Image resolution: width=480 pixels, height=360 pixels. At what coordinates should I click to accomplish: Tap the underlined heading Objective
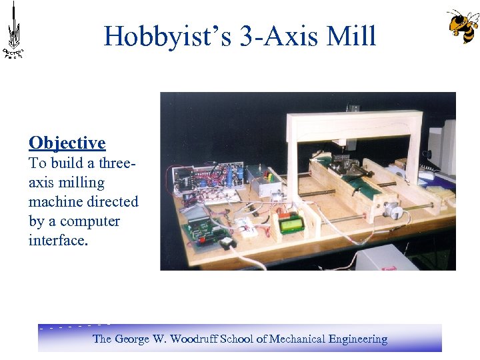67,143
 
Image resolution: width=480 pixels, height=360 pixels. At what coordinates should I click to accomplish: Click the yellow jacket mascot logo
462,26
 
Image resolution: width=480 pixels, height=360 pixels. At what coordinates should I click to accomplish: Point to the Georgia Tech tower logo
13,30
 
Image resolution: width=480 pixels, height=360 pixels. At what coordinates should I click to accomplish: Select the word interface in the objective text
57,240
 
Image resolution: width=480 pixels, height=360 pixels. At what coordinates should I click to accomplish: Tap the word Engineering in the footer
357,339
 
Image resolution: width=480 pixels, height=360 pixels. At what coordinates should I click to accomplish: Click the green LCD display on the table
291,225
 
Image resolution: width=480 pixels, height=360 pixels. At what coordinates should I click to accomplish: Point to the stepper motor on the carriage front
395,212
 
